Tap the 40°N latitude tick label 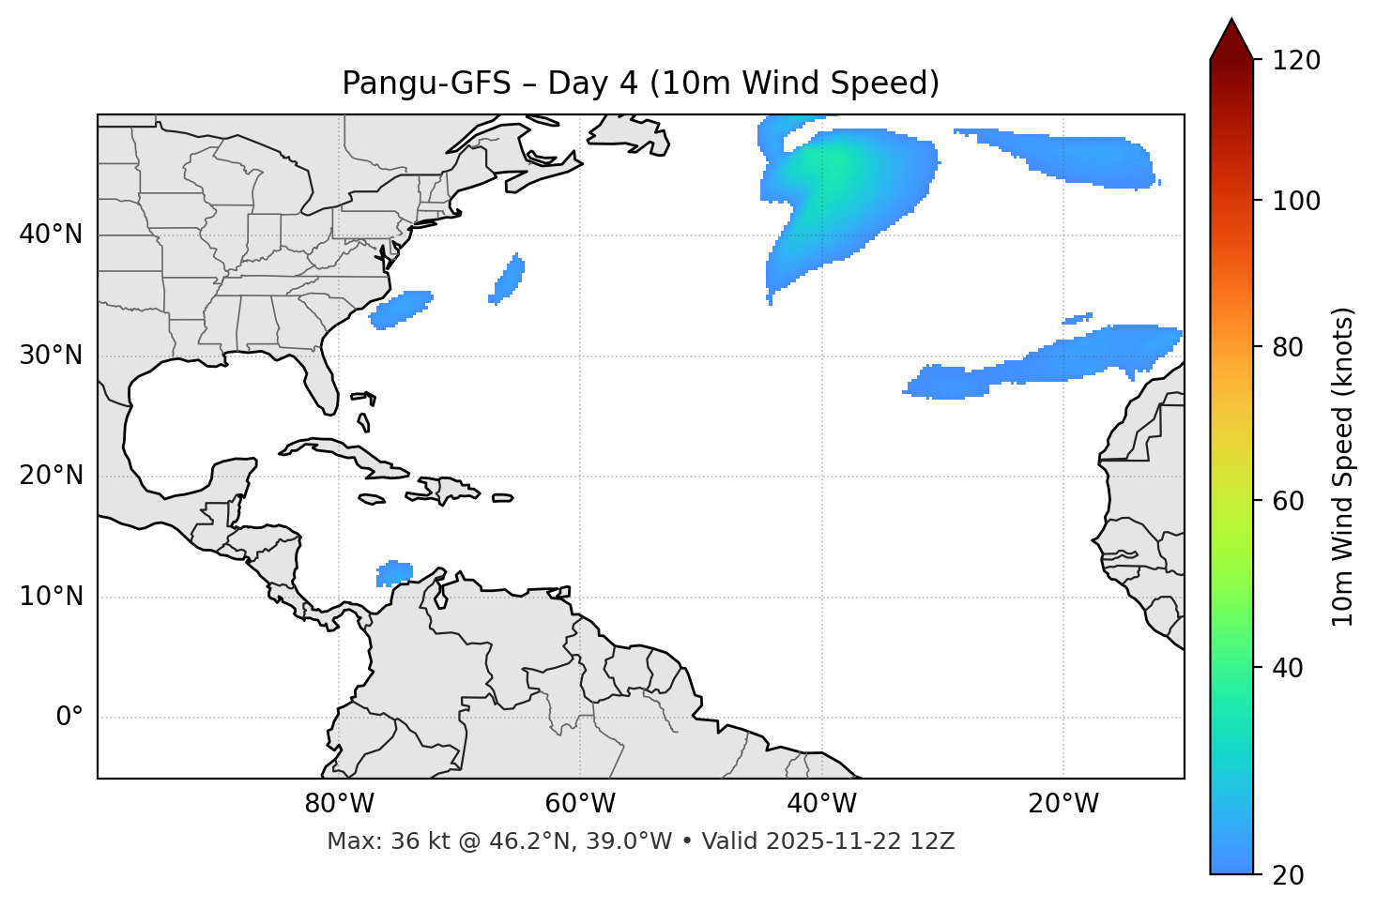pos(51,235)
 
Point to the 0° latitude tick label pos(69,718)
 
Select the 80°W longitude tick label pos(339,804)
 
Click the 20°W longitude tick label pos(1063,804)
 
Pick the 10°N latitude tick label pos(51,597)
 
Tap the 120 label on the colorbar pos(1296,61)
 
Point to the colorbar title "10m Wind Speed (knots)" pos(1343,466)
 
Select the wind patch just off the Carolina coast pos(402,309)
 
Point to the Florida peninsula pos(322,380)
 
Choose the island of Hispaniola pos(447,490)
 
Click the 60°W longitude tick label pos(580,804)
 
